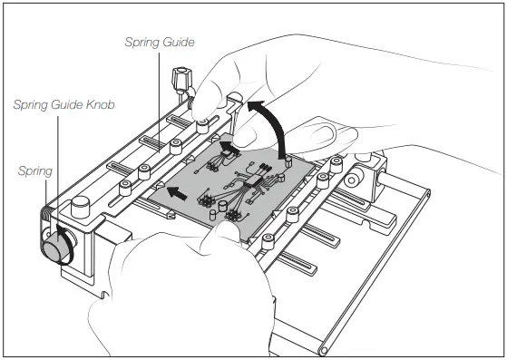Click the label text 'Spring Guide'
(x=159, y=42)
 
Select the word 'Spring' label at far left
(x=34, y=170)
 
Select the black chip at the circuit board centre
(x=261, y=178)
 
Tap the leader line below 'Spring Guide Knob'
(x=57, y=163)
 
